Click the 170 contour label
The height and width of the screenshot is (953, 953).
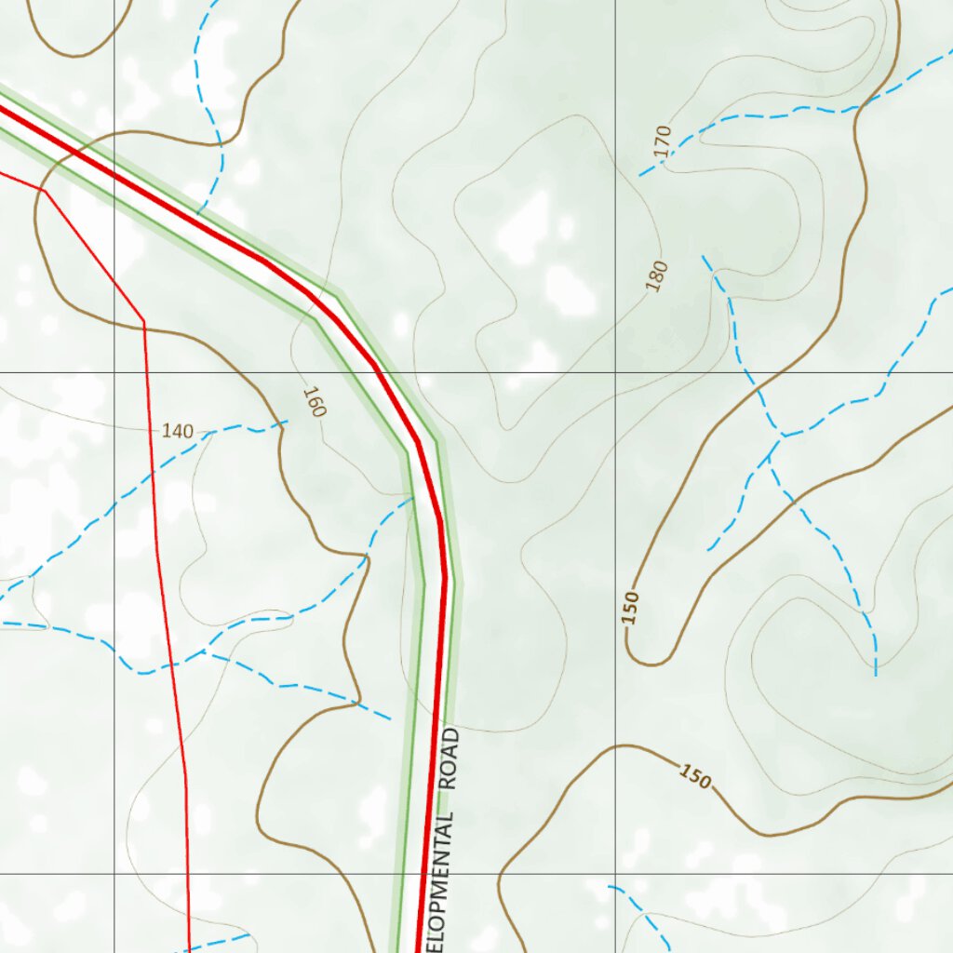coord(663,141)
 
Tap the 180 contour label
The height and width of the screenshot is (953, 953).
coord(658,276)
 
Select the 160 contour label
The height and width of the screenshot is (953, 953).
coord(315,401)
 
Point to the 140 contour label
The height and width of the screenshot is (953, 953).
coord(178,431)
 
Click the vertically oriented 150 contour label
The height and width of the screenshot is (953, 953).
coord(632,607)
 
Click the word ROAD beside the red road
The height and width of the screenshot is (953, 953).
coord(450,759)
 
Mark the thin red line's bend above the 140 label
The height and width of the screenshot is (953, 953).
coord(144,323)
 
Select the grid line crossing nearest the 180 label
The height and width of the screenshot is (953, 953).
coord(615,372)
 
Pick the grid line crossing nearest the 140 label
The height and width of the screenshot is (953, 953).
coord(114,372)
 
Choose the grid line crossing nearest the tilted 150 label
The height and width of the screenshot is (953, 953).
coord(615,874)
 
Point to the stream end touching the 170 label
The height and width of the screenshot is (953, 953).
coord(640,175)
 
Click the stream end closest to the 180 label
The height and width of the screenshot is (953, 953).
coord(704,256)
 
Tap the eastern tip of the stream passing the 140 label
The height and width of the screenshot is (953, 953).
coord(287,422)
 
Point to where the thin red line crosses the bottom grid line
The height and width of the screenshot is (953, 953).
coord(188,874)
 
